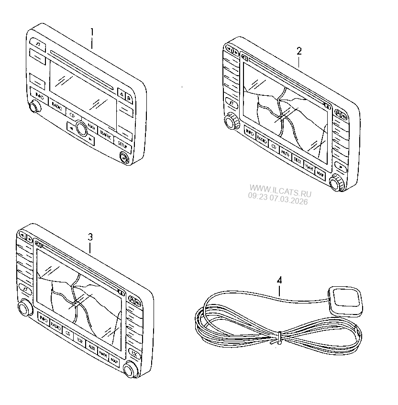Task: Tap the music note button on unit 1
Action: (39, 47)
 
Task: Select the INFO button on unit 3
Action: (43, 319)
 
